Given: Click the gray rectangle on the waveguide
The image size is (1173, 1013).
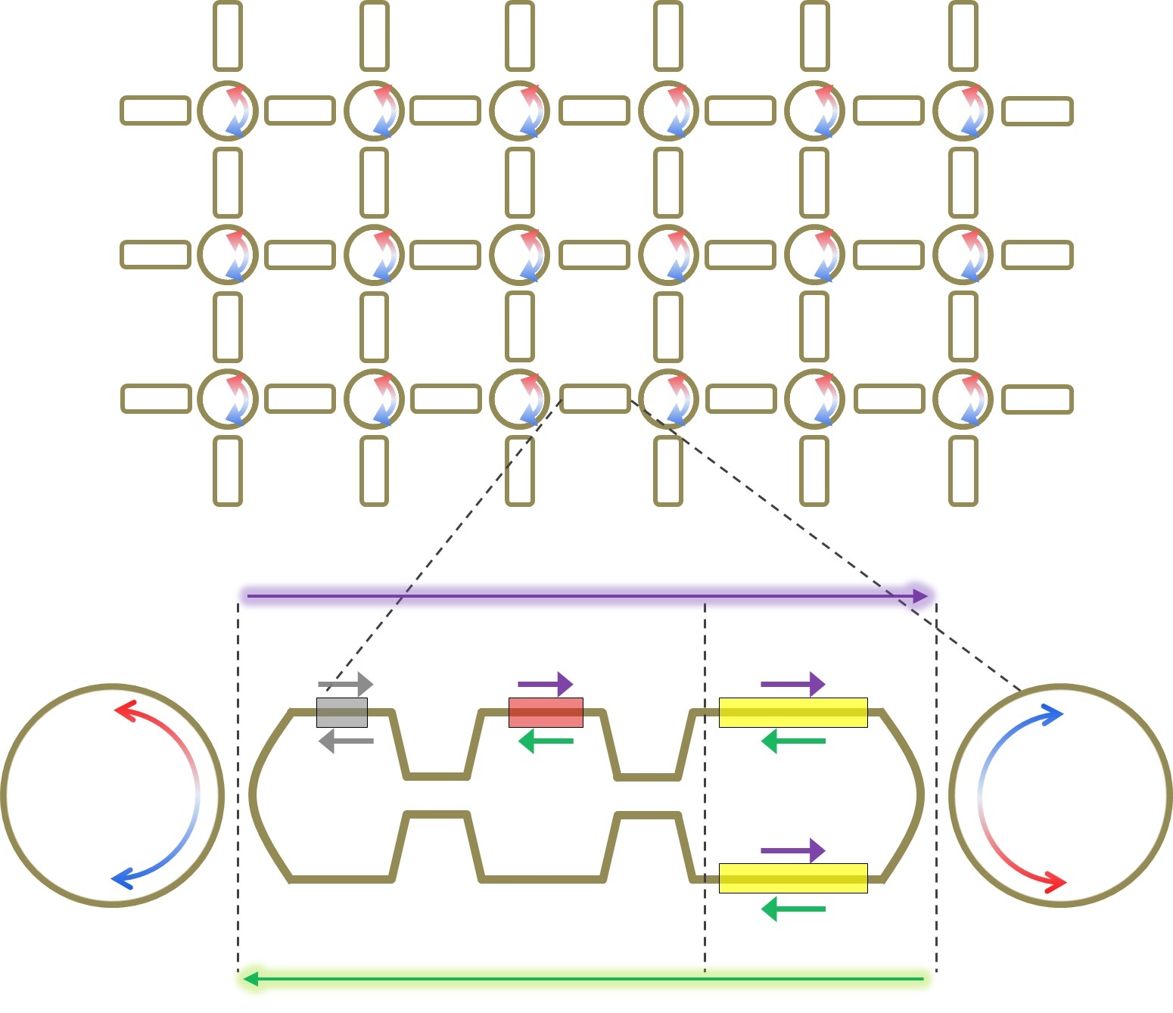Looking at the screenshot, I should (x=342, y=713).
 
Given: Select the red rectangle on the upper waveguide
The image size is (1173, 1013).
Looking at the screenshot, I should (x=546, y=713).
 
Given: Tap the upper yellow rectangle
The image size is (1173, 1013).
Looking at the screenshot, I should (x=792, y=713).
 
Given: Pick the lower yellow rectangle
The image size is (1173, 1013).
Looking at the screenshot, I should (x=792, y=878).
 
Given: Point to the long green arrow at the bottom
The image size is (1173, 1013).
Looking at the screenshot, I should (x=583, y=979).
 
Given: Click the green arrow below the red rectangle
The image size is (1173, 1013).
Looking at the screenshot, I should (x=546, y=741).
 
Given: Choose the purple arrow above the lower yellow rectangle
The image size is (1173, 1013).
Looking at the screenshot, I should (x=792, y=850).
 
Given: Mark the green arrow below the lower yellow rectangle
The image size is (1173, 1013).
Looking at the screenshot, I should (x=792, y=909).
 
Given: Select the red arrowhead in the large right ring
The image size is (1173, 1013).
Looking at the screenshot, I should (x=1056, y=882).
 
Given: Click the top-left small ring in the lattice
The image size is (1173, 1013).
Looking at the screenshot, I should (x=228, y=110).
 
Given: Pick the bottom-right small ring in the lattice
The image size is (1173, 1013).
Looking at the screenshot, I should (x=963, y=399).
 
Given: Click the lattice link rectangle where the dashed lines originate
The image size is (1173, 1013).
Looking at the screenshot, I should (x=595, y=399).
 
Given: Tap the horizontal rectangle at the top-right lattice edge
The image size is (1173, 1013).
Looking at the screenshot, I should (x=1038, y=111).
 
